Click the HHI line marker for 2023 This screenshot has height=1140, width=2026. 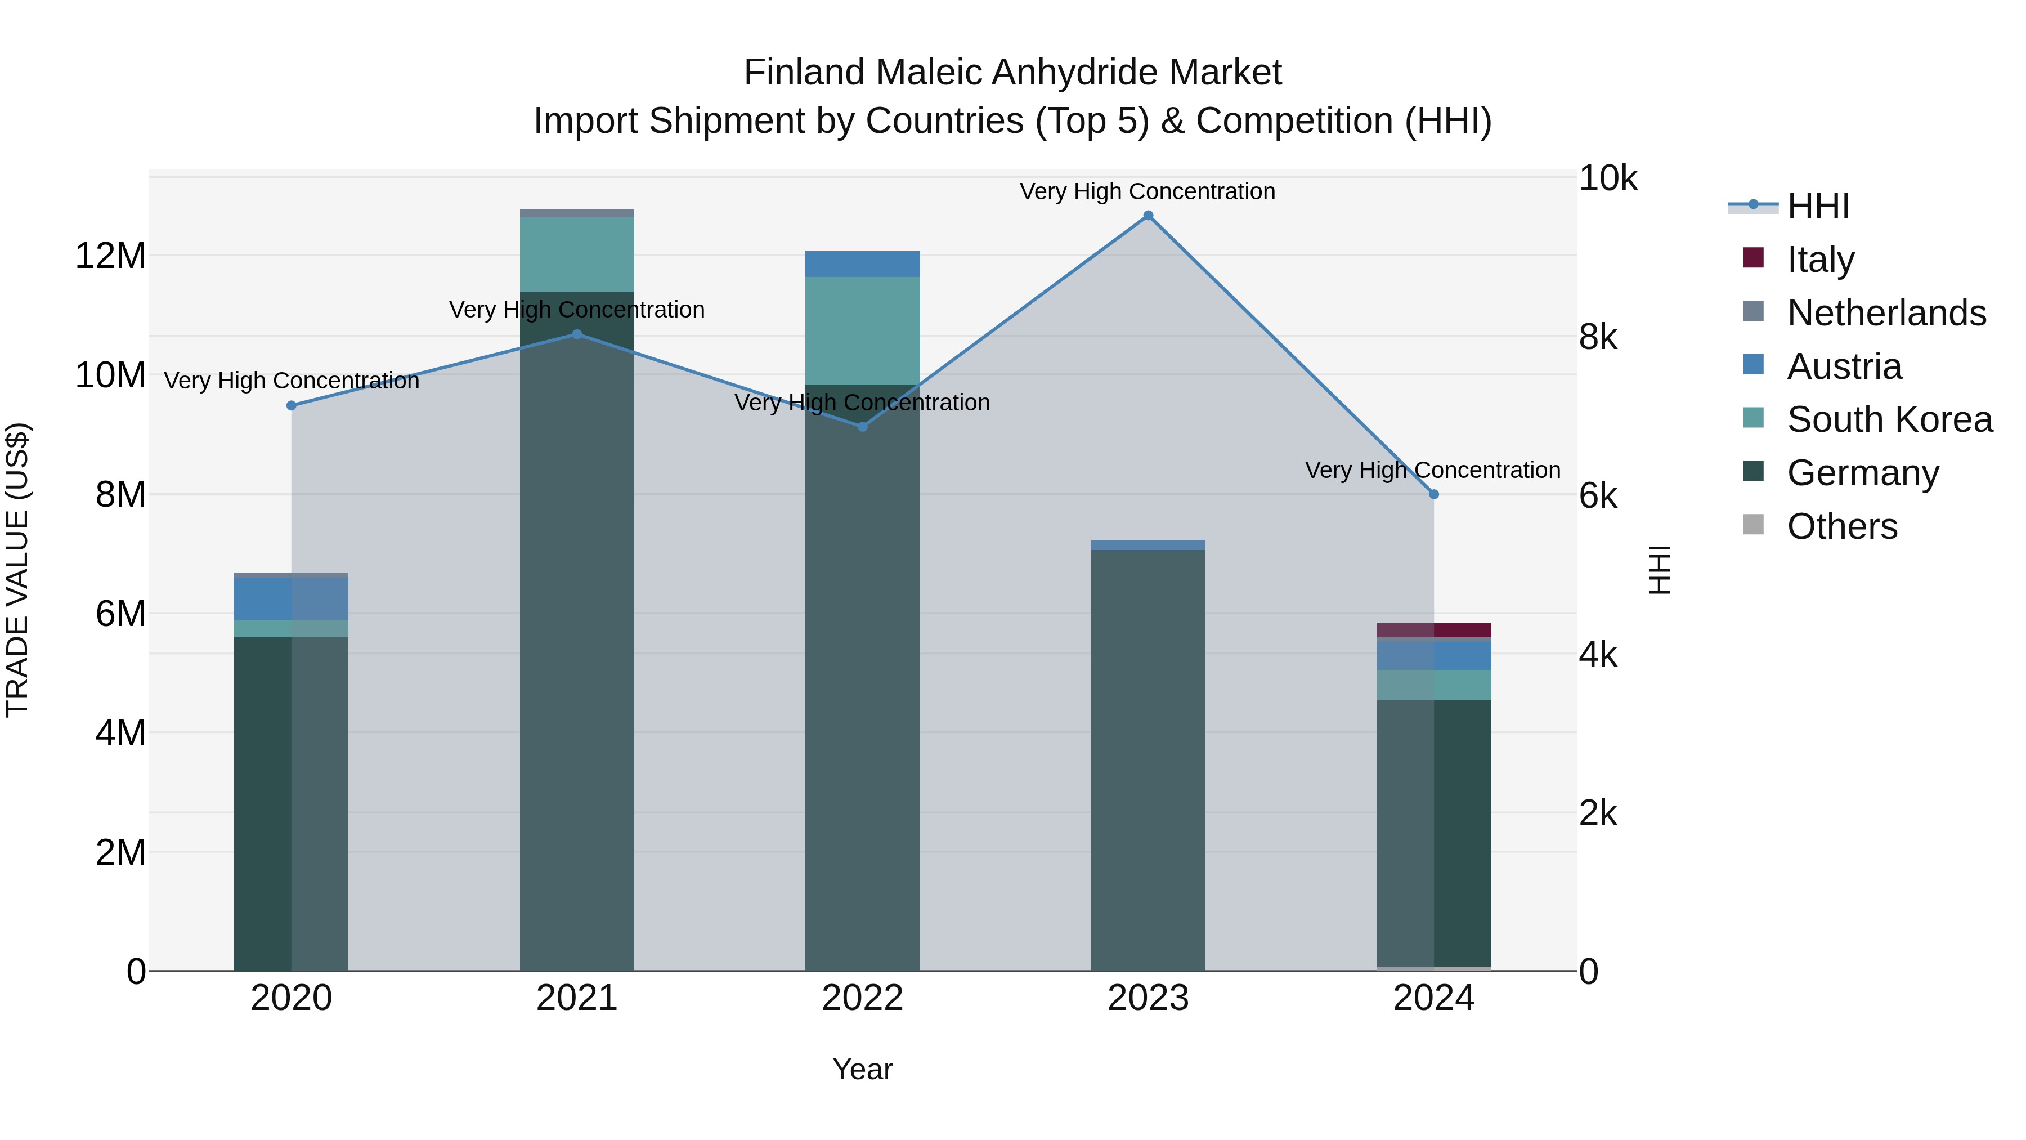1148,216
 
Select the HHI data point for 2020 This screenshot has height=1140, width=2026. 291,405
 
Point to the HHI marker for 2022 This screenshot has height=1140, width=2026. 862,426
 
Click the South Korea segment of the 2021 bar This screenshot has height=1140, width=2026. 576,254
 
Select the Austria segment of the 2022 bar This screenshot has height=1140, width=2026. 862,263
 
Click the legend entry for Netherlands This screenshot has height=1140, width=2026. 1885,313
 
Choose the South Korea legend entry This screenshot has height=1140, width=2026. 1888,419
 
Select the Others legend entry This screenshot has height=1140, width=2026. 1841,526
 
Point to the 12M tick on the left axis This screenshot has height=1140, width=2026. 110,256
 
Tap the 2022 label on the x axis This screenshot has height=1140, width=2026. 862,998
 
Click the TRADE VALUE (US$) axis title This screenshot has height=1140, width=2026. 17,570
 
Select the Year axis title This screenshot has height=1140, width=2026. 862,1069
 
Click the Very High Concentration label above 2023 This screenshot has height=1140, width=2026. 1148,191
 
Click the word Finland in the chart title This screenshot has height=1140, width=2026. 805,73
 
